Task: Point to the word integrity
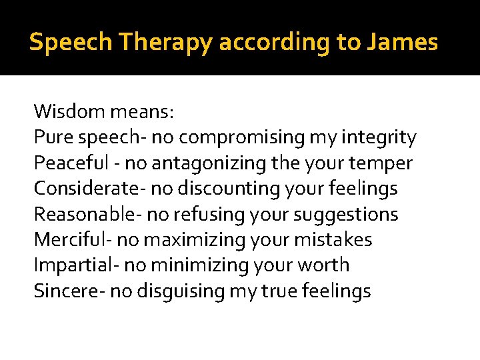tap(379, 137)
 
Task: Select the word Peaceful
tap(65, 163)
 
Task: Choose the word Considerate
tap(79, 189)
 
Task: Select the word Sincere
tap(60, 291)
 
